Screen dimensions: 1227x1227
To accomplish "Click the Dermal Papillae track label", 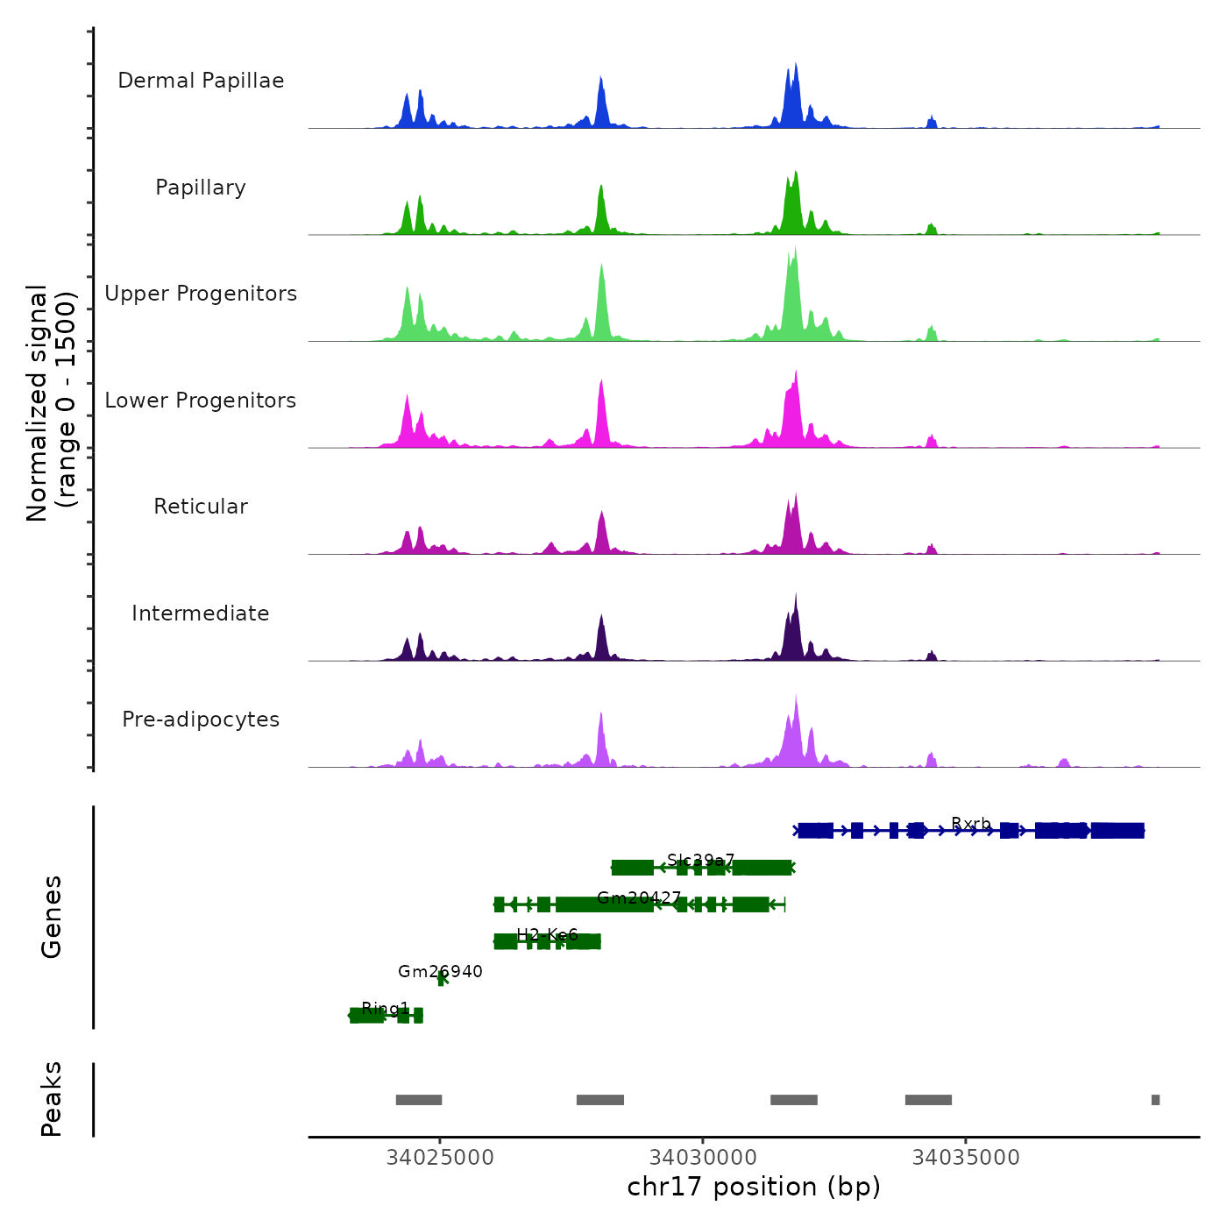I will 201,81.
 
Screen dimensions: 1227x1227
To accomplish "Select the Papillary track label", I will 201,188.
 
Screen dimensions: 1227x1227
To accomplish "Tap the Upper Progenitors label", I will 201,294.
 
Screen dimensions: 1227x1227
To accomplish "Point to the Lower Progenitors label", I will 201,401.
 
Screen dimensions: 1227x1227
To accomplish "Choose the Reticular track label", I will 201,507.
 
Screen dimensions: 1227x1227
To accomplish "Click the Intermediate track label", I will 201,613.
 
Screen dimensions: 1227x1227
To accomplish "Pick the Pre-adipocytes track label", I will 201,720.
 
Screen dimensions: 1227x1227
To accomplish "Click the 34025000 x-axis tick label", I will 440,1158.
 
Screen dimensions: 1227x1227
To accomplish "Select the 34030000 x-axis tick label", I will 703,1158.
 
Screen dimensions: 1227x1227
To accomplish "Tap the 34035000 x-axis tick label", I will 966,1158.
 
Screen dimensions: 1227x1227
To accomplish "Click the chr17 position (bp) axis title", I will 754,1187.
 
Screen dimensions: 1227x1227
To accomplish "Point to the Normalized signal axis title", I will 51,403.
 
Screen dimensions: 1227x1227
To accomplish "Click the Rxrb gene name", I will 971,824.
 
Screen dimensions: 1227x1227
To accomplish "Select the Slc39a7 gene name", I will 700,860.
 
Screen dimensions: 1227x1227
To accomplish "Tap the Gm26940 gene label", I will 440,971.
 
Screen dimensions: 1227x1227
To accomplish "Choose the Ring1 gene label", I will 385,1008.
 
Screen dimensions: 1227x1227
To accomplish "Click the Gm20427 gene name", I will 639,897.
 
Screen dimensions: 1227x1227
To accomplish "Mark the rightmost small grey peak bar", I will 1155,1100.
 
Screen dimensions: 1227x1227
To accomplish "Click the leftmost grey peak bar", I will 419,1100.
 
